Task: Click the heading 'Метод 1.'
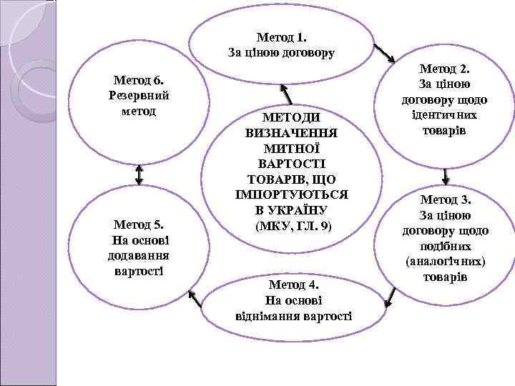[281, 36]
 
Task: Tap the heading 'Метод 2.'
[445, 69]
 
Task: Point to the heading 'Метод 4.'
[293, 285]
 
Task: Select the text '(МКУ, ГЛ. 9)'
[293, 226]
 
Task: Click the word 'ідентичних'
[445, 115]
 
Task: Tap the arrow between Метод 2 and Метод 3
[446, 175]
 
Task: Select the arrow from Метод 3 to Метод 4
[391, 297]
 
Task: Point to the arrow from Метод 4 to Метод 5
[195, 297]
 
